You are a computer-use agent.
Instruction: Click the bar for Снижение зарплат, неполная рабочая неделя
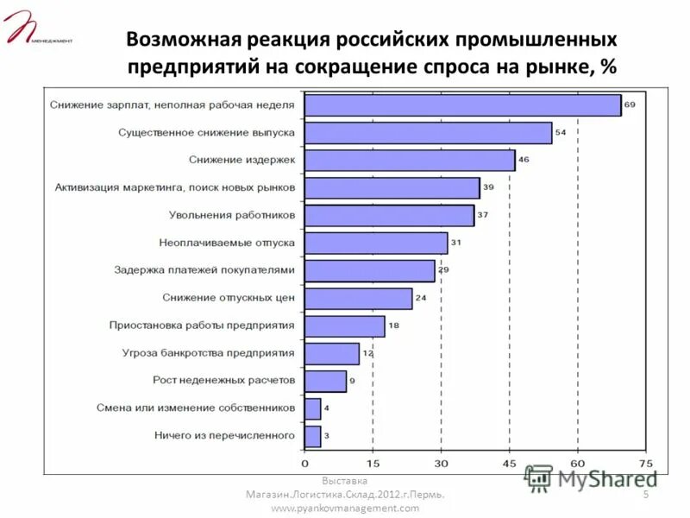tap(462, 105)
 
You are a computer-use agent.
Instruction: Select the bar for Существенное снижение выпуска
tap(428, 133)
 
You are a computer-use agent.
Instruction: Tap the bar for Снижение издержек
tap(410, 161)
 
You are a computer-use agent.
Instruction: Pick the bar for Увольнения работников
tap(389, 215)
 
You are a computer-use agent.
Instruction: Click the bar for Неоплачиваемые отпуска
tap(376, 243)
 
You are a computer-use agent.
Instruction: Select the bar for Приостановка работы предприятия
tap(345, 325)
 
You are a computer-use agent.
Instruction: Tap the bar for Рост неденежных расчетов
tap(325, 381)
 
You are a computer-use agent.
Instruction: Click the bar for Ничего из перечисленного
tap(312, 436)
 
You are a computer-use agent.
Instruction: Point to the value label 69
tap(630, 105)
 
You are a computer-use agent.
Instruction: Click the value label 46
tap(524, 161)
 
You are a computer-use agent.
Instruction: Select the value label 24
tap(421, 298)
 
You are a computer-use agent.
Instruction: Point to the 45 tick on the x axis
tap(509, 462)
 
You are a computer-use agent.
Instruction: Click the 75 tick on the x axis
tap(645, 462)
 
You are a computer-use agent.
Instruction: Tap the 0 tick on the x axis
tap(304, 462)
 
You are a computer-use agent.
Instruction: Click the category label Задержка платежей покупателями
tap(204, 270)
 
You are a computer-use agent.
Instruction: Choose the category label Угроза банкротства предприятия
tap(209, 353)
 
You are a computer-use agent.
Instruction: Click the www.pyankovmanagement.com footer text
tap(345, 509)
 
